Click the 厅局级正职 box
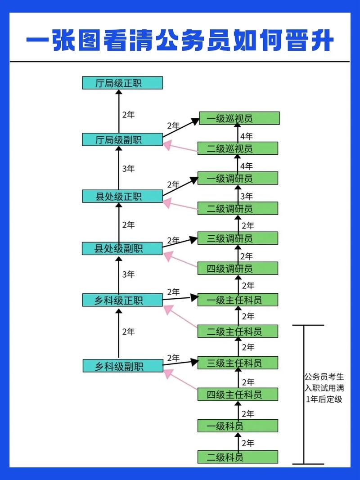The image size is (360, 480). [x=122, y=83]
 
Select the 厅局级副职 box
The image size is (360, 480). [x=122, y=139]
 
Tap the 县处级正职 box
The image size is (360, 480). [x=122, y=196]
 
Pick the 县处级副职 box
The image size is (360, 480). [x=122, y=248]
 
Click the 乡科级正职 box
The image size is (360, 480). [x=122, y=300]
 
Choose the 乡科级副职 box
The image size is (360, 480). [x=122, y=366]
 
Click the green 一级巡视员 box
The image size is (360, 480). [x=238, y=118]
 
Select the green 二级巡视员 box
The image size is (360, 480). [x=238, y=148]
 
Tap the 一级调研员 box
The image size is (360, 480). [x=238, y=178]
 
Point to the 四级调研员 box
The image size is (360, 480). [x=238, y=269]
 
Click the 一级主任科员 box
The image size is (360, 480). [x=238, y=300]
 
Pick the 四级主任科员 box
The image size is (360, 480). [x=238, y=395]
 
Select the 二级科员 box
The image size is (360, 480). [x=238, y=457]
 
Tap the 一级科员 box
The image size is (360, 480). [x=238, y=426]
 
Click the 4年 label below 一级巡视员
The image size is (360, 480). [x=247, y=136]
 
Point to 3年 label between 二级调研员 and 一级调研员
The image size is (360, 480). [x=247, y=196]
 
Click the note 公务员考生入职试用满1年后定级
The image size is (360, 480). [x=324, y=387]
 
